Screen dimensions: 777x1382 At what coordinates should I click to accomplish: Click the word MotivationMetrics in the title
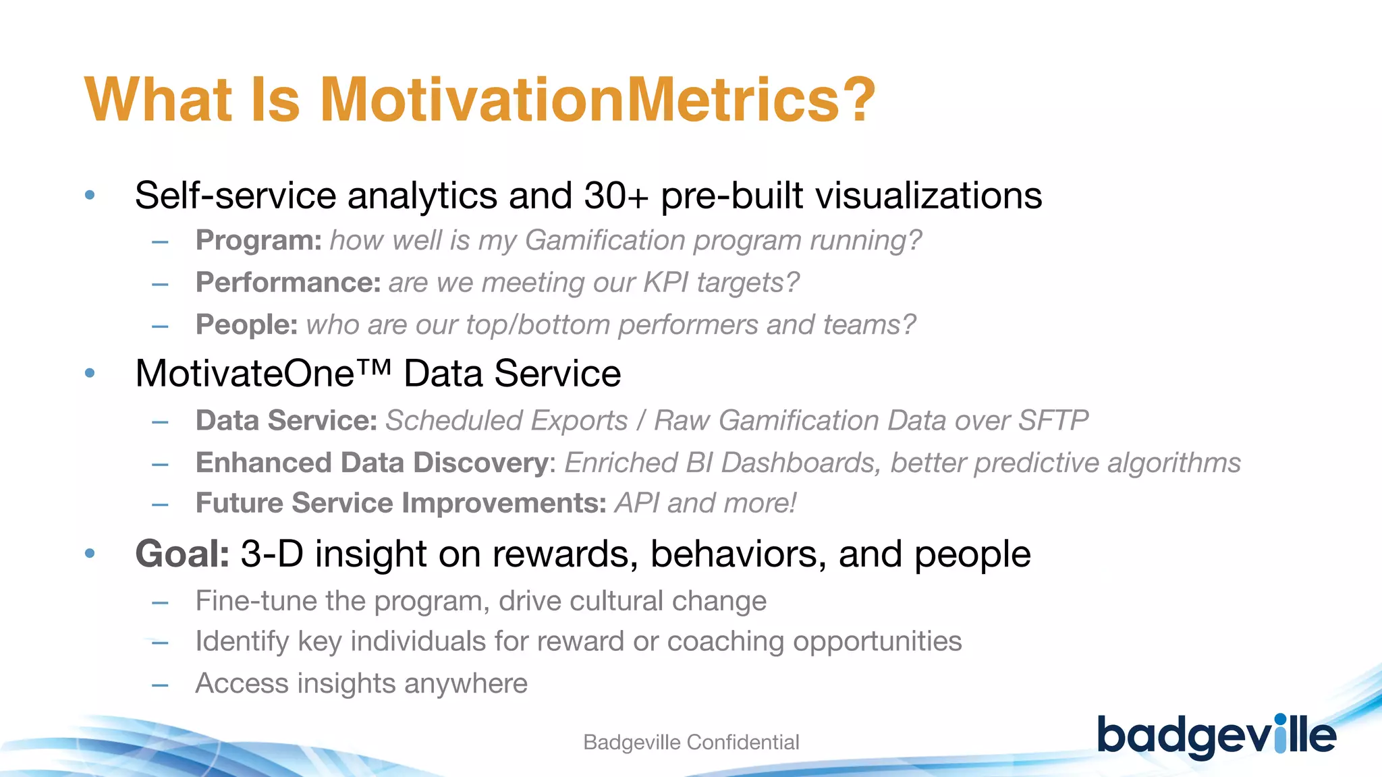coord(597,100)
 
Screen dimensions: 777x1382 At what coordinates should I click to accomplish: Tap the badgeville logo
coord(1216,735)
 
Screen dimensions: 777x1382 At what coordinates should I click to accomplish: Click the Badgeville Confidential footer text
coord(691,743)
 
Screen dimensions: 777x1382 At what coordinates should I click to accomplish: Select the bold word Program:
coord(258,240)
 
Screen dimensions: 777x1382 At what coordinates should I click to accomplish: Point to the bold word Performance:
coord(288,283)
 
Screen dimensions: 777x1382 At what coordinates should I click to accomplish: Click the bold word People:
coord(246,325)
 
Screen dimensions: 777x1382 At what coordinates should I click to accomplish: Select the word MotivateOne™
coord(263,374)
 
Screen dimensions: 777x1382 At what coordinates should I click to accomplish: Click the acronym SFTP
coord(1053,421)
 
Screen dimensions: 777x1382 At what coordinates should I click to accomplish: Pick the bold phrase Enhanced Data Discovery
coord(372,463)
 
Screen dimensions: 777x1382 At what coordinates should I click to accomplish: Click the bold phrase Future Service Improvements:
coord(401,503)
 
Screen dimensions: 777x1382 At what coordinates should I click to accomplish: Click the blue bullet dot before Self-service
coord(90,196)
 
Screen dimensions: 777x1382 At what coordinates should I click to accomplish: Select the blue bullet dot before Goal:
coord(90,554)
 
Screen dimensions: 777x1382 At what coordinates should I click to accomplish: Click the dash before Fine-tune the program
coord(160,602)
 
